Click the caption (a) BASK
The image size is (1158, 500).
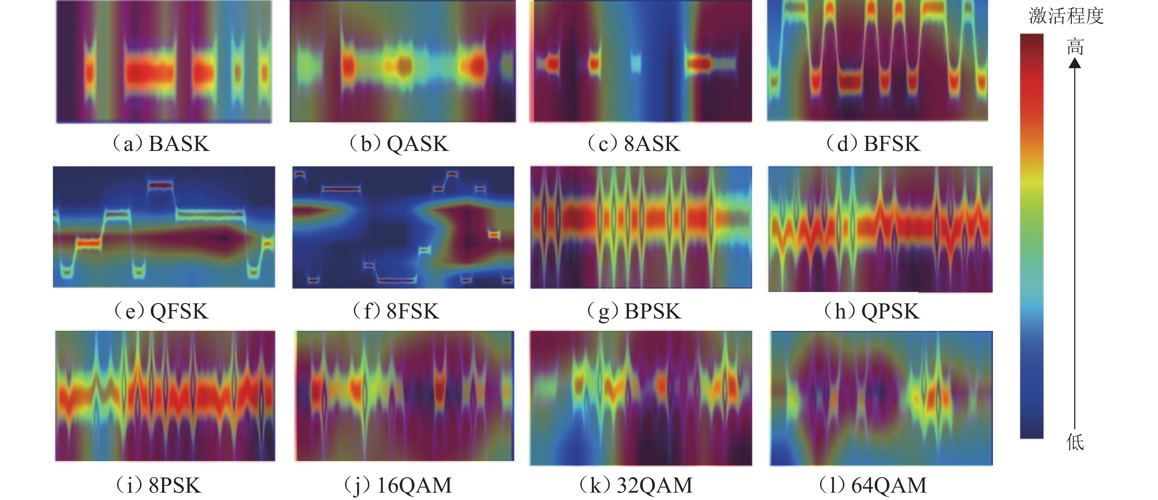click(x=161, y=144)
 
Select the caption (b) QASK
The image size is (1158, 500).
click(x=399, y=144)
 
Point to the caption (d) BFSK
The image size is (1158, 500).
click(x=873, y=144)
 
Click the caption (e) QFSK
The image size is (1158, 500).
click(x=161, y=311)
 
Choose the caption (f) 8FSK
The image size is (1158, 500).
click(x=396, y=311)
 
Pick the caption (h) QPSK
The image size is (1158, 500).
click(x=872, y=311)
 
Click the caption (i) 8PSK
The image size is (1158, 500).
click(x=158, y=486)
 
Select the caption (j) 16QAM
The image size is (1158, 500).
click(x=398, y=486)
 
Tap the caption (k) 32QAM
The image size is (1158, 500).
click(x=636, y=486)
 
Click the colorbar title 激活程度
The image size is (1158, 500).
click(x=1066, y=17)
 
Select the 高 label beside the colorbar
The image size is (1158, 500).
click(x=1075, y=46)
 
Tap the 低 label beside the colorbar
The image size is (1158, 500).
click(x=1075, y=443)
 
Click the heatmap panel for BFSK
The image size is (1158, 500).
click(x=877, y=61)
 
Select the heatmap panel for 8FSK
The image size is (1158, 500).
click(x=403, y=227)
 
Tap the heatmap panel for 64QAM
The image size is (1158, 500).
click(x=881, y=398)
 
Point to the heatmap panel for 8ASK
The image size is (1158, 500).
click(x=641, y=61)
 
